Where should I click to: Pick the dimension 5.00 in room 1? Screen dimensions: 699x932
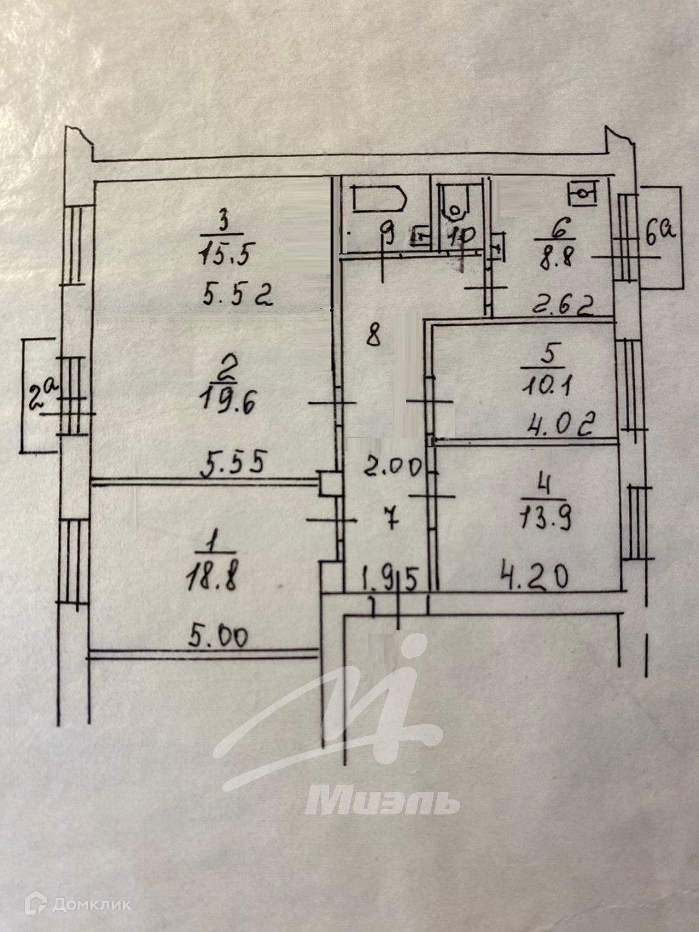coord(218,638)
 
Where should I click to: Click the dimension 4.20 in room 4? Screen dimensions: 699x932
coord(535,575)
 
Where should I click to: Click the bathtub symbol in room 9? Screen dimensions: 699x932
coord(379,199)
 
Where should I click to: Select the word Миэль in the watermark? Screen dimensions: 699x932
coord(382,801)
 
